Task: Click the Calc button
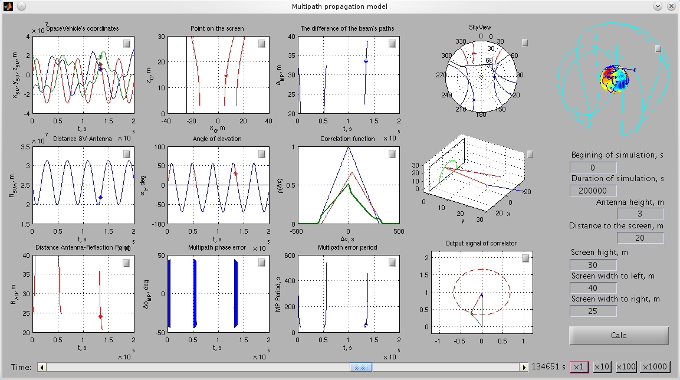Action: click(x=619, y=335)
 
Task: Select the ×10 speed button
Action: click(x=602, y=367)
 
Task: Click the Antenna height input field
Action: click(x=640, y=214)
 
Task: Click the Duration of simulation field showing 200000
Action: click(x=593, y=191)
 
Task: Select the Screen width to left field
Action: click(x=593, y=288)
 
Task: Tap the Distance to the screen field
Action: click(x=640, y=238)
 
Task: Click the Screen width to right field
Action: click(x=593, y=311)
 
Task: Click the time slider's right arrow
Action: click(x=523, y=367)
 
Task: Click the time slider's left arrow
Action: click(x=42, y=367)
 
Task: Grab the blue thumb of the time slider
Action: click(x=361, y=367)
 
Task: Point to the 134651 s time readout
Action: click(x=548, y=367)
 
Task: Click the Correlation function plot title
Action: click(x=347, y=139)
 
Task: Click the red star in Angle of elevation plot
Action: click(x=235, y=174)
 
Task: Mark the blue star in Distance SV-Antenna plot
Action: click(x=101, y=197)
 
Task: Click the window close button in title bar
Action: click(x=671, y=6)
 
